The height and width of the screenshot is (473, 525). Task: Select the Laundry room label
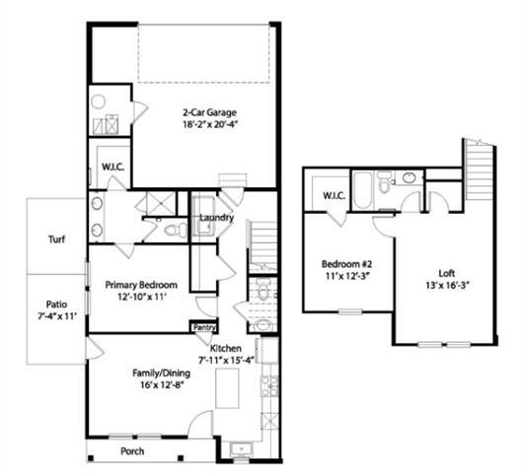215,218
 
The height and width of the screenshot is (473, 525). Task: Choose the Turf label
57,239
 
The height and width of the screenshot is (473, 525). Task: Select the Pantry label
204,327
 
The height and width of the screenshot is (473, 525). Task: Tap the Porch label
132,452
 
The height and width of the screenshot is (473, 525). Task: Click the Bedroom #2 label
346,264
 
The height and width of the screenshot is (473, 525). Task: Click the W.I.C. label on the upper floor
334,195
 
